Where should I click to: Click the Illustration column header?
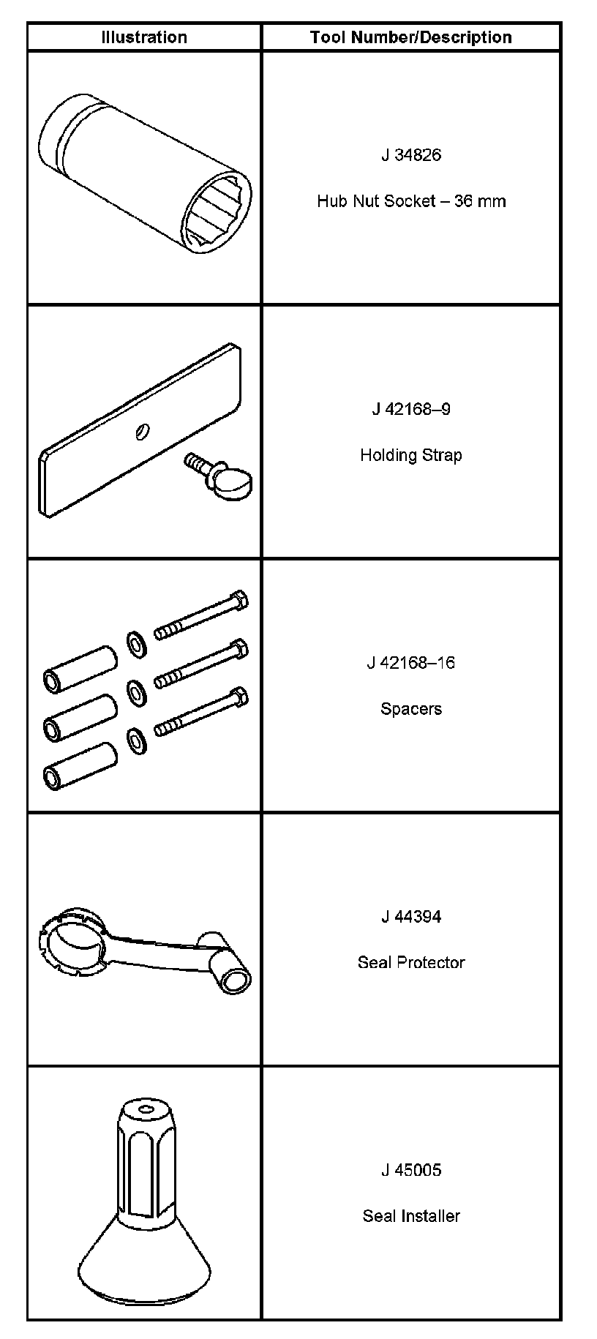pyautogui.click(x=144, y=37)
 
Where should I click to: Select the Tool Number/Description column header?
pyautogui.click(x=410, y=37)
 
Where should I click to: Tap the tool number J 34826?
pyautogui.click(x=411, y=155)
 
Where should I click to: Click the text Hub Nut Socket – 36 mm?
pyautogui.click(x=411, y=201)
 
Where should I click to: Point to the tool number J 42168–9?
pyautogui.click(x=411, y=409)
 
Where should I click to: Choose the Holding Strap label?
pyautogui.click(x=411, y=455)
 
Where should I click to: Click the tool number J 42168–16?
pyautogui.click(x=411, y=663)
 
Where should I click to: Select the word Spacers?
pyautogui.click(x=411, y=709)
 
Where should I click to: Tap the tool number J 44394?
pyautogui.click(x=411, y=917)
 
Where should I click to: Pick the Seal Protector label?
pyautogui.click(x=411, y=963)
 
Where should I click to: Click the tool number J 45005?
pyautogui.click(x=411, y=1171)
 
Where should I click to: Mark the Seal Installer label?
pyautogui.click(x=411, y=1217)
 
